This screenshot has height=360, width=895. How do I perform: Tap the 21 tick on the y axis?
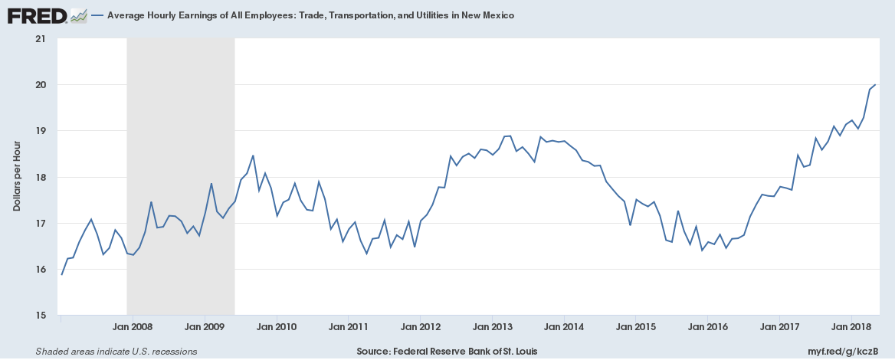pos(41,38)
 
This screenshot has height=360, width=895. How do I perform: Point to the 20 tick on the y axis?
pos(41,85)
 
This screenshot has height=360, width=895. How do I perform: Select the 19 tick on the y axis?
pos(41,131)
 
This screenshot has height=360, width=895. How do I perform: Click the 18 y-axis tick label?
pos(41,177)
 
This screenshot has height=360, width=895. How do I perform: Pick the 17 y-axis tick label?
pos(41,224)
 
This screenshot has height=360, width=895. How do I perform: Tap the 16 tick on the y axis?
pos(41,270)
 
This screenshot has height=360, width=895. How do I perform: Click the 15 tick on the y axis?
pos(41,316)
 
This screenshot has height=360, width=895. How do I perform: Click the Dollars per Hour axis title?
pos(16,176)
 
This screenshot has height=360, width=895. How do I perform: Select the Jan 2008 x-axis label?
pos(132,327)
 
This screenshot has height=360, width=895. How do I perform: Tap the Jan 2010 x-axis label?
pos(276,327)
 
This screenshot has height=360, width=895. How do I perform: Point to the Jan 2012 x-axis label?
pos(420,327)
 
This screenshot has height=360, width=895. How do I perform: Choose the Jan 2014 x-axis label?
pos(564,327)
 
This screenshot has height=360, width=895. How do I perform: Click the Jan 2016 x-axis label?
pos(707,327)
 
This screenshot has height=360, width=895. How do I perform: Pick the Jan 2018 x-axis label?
pos(851,327)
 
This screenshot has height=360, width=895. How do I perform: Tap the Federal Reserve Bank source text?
pos(447,352)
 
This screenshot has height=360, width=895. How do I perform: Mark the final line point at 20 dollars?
pos(875,84)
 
